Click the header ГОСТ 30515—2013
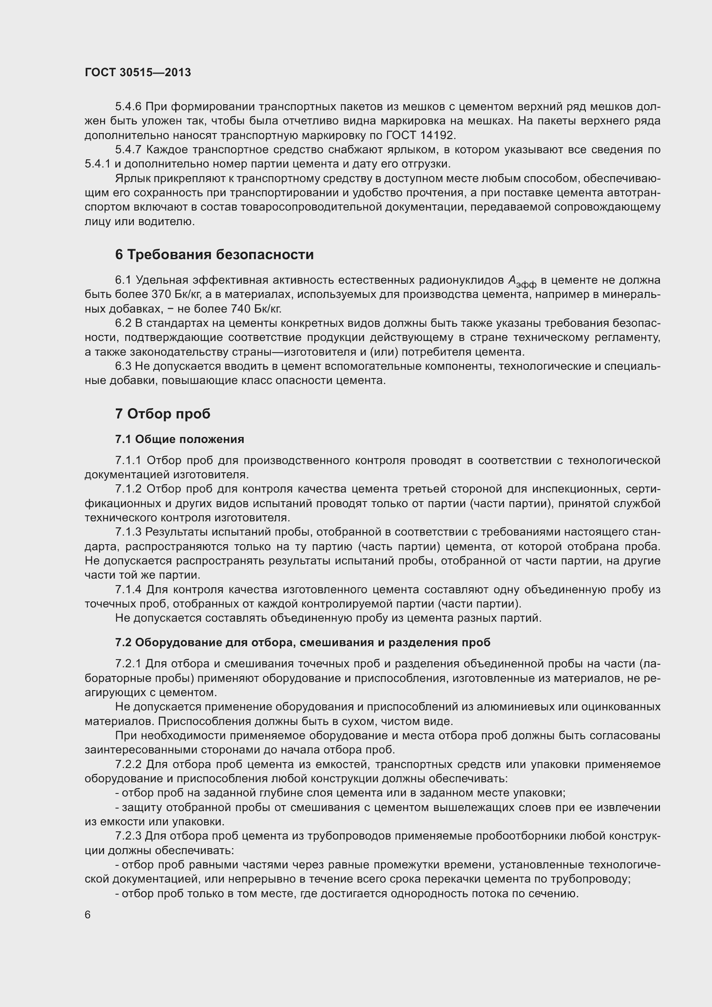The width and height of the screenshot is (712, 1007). [x=138, y=72]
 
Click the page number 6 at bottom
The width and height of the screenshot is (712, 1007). [x=88, y=914]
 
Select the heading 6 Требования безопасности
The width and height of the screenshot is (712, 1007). [x=214, y=254]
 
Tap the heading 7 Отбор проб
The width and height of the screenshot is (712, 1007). [x=163, y=414]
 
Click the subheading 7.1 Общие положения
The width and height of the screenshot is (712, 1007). [x=180, y=439]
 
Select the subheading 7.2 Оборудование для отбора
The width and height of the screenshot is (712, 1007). [x=303, y=642]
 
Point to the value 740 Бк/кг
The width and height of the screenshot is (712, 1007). [x=256, y=309]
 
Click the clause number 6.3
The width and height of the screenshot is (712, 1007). [x=123, y=366]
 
